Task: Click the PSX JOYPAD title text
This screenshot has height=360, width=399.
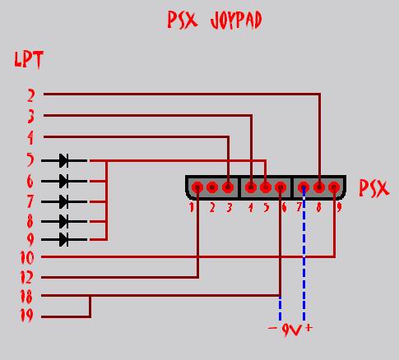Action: pyautogui.click(x=215, y=21)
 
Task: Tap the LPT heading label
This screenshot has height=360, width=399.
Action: pyautogui.click(x=29, y=59)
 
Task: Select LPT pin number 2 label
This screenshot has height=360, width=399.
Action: pyautogui.click(x=31, y=96)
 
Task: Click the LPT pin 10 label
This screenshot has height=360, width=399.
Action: pyautogui.click(x=27, y=257)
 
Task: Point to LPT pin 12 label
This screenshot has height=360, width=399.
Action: pyautogui.click(x=26, y=277)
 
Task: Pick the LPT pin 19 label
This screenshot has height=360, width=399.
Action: pyautogui.click(x=27, y=315)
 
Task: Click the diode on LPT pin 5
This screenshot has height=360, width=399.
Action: pyautogui.click(x=64, y=160)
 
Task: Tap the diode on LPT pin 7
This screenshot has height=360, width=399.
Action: pyautogui.click(x=64, y=201)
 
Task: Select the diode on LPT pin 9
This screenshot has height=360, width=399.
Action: pyautogui.click(x=64, y=239)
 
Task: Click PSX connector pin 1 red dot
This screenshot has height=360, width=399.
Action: pyautogui.click(x=197, y=187)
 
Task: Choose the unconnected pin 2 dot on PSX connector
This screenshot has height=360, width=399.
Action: pyautogui.click(x=212, y=187)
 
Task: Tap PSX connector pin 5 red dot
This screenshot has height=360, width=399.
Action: pyautogui.click(x=266, y=187)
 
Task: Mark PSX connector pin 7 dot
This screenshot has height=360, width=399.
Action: pyautogui.click(x=304, y=187)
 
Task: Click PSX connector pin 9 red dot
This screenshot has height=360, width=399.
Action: pyautogui.click(x=334, y=187)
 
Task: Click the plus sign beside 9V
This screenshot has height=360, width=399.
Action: pyautogui.click(x=309, y=327)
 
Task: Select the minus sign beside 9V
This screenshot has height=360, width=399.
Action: pyautogui.click(x=272, y=328)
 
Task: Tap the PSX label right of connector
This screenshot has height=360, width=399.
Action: pyautogui.click(x=374, y=188)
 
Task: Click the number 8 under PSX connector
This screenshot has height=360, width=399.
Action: pyautogui.click(x=318, y=208)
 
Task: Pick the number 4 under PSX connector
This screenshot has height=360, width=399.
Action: pyautogui.click(x=250, y=208)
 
